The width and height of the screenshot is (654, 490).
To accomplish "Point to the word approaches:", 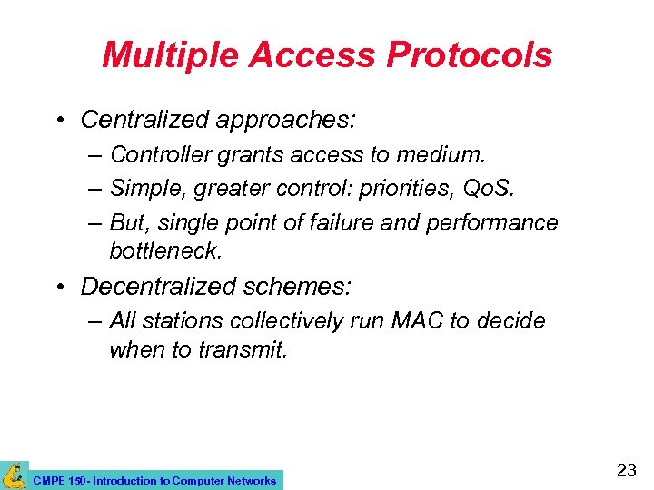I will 291,120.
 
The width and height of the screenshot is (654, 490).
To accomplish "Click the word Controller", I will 160,155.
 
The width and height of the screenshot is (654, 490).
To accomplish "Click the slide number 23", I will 626,471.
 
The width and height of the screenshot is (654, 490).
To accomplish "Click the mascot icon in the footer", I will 14,475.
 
